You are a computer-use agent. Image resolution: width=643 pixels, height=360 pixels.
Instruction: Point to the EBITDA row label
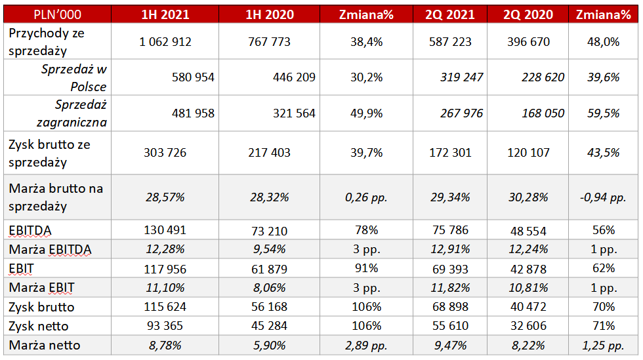tap(31, 230)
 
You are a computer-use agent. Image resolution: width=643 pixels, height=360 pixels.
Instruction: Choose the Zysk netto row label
tap(39, 326)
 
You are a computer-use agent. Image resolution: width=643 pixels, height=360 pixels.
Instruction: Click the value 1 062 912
tap(165, 42)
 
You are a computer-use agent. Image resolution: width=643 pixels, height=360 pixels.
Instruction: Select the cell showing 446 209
tap(294, 77)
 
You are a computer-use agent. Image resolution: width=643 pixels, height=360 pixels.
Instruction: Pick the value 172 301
tap(449, 153)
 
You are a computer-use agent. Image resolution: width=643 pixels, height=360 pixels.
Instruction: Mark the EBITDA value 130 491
tap(165, 230)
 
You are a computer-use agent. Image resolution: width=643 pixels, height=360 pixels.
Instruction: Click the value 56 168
tap(268, 307)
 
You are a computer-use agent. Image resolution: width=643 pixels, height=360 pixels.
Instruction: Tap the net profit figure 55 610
tap(449, 326)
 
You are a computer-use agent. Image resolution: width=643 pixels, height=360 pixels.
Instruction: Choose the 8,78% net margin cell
tap(165, 345)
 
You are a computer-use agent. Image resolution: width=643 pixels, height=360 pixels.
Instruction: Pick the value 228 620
tap(542, 77)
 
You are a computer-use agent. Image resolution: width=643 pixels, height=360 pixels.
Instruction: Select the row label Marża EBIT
tap(42, 287)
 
